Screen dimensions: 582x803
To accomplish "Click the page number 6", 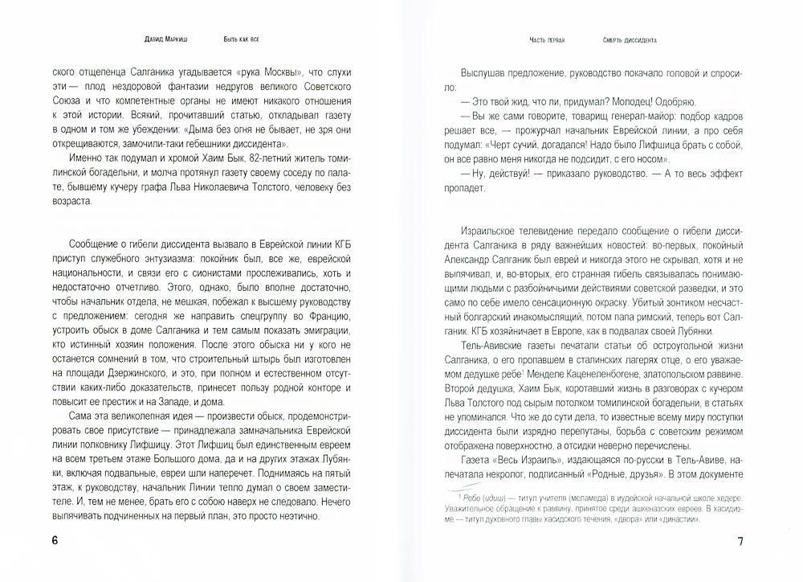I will [x=55, y=540].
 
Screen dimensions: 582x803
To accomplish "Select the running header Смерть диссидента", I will [x=629, y=39].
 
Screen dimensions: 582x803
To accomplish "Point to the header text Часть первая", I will [x=546, y=39].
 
